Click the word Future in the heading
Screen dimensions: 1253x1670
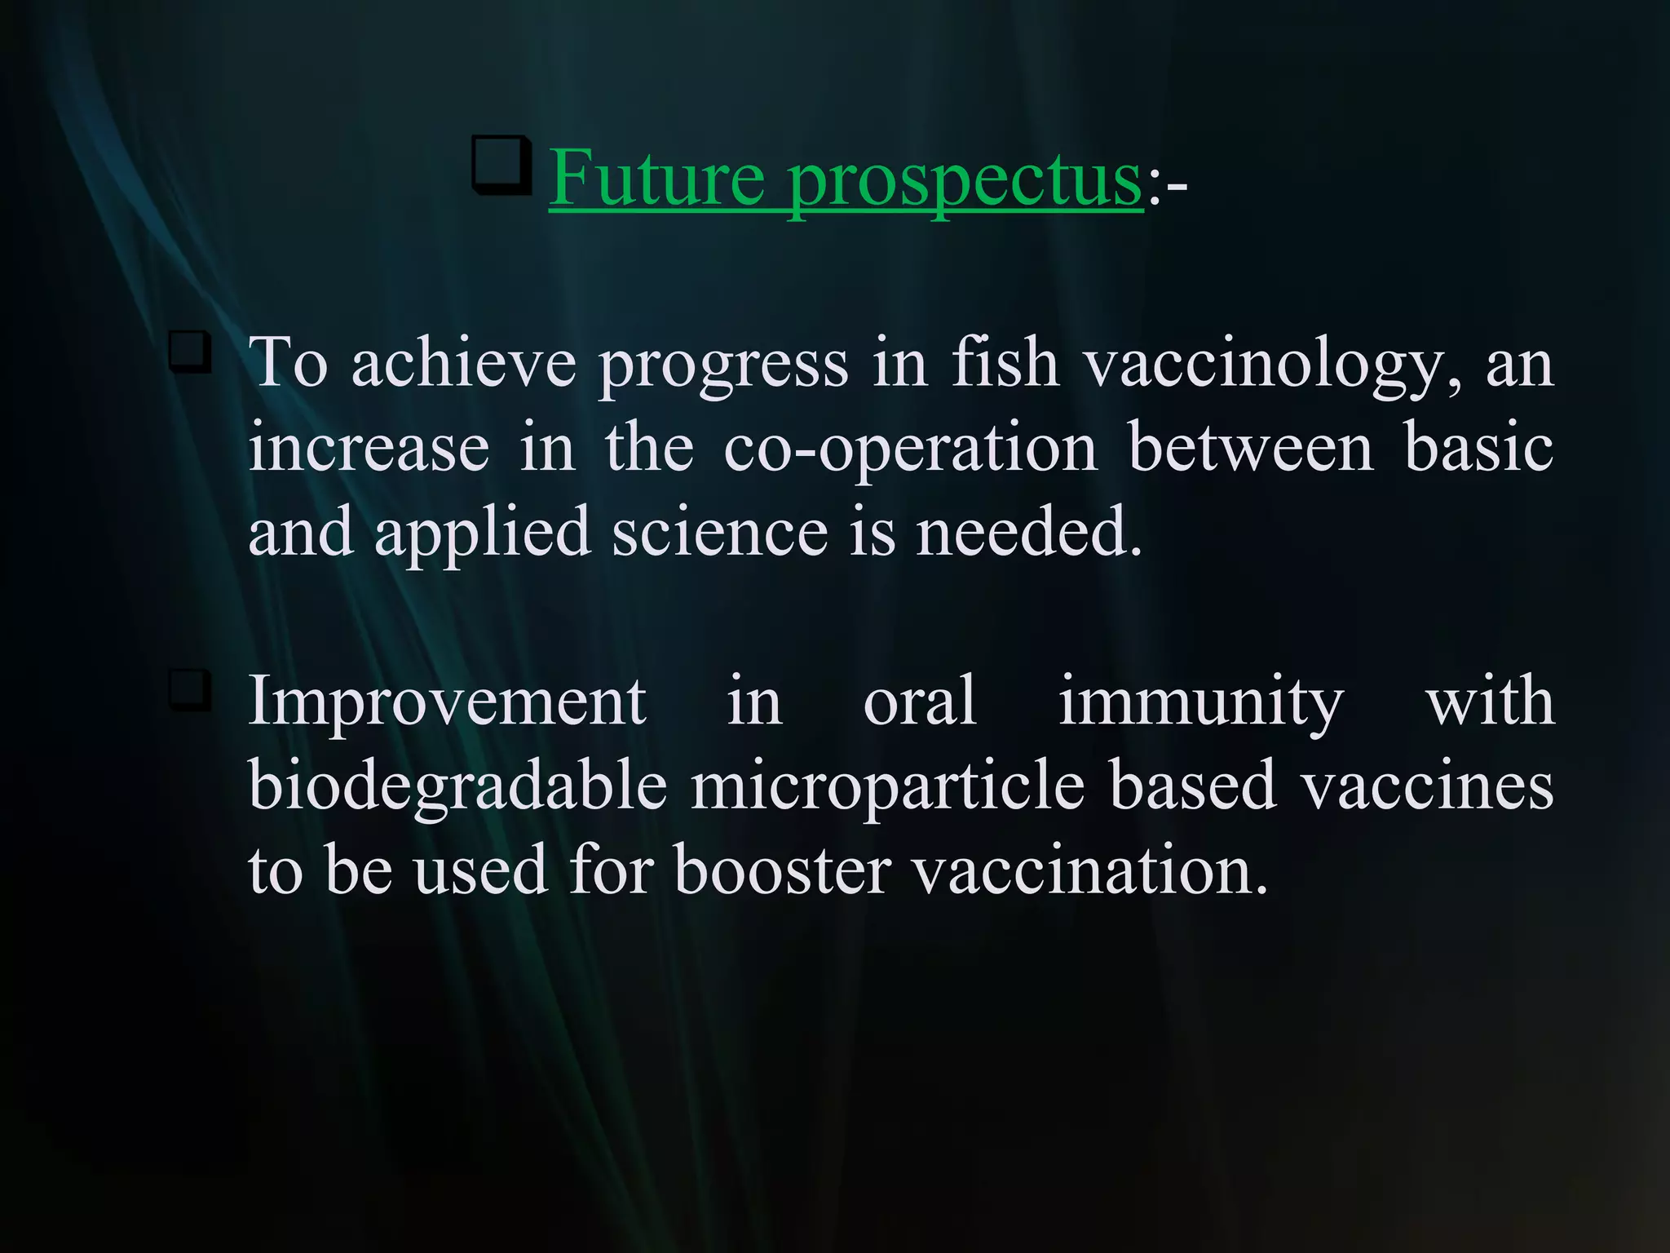pyautogui.click(x=656, y=178)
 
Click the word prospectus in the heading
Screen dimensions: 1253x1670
pyautogui.click(x=965, y=181)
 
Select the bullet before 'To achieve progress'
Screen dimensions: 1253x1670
pyautogui.click(x=190, y=352)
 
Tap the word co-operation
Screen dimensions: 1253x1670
pyautogui.click(x=910, y=450)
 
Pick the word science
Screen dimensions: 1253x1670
pyautogui.click(x=720, y=532)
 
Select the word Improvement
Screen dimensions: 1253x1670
pyautogui.click(x=447, y=702)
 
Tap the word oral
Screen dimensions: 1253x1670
pyautogui.click(x=919, y=702)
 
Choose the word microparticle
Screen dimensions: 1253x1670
pyautogui.click(x=888, y=788)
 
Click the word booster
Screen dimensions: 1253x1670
pyautogui.click(x=782, y=870)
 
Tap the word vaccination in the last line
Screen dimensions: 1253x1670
pyautogui.click(x=1089, y=870)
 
